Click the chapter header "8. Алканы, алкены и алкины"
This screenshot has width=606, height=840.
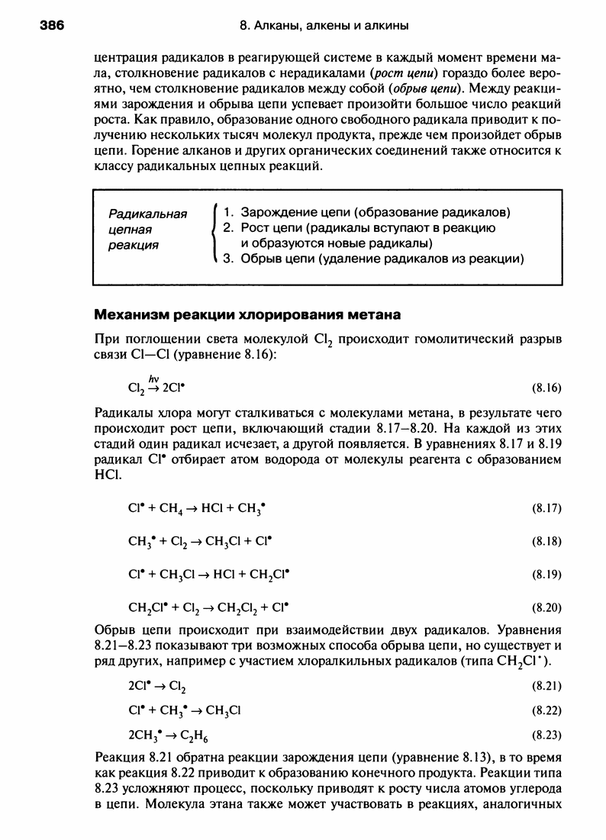click(x=324, y=26)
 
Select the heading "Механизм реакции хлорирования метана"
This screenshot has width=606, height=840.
click(x=247, y=314)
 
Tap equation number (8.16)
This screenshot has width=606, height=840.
click(x=546, y=387)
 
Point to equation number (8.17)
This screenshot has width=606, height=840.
click(x=546, y=507)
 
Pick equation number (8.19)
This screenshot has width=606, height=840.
click(x=546, y=574)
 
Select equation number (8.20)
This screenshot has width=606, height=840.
click(x=546, y=608)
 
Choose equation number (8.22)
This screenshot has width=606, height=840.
click(x=546, y=711)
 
